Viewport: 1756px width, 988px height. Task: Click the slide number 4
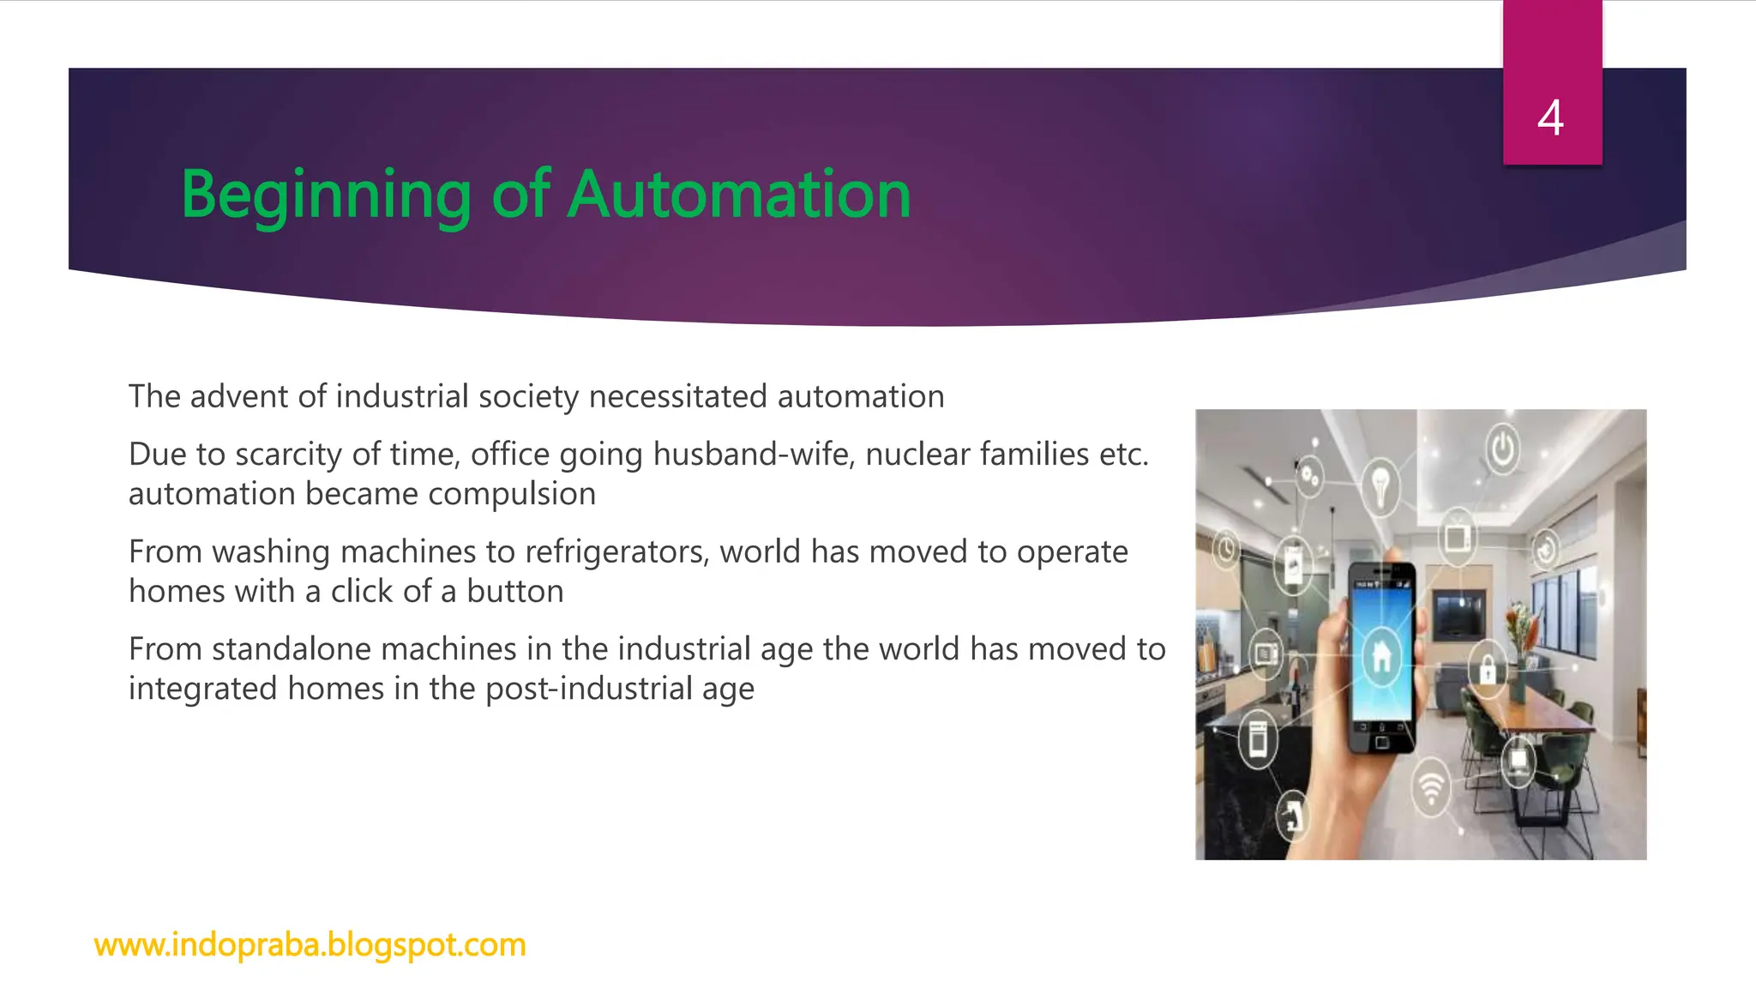pos(1550,117)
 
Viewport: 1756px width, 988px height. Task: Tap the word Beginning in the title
pos(326,196)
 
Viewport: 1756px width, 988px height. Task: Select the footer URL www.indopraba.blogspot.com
pos(310,944)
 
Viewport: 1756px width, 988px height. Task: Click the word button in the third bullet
pos(514,592)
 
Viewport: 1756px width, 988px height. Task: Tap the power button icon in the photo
pos(1502,448)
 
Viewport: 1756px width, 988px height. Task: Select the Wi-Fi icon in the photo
pos(1430,786)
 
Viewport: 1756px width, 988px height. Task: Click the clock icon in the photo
pos(1226,548)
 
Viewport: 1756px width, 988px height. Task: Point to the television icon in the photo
pos(1457,538)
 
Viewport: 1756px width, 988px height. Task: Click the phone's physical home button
pos(1381,743)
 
